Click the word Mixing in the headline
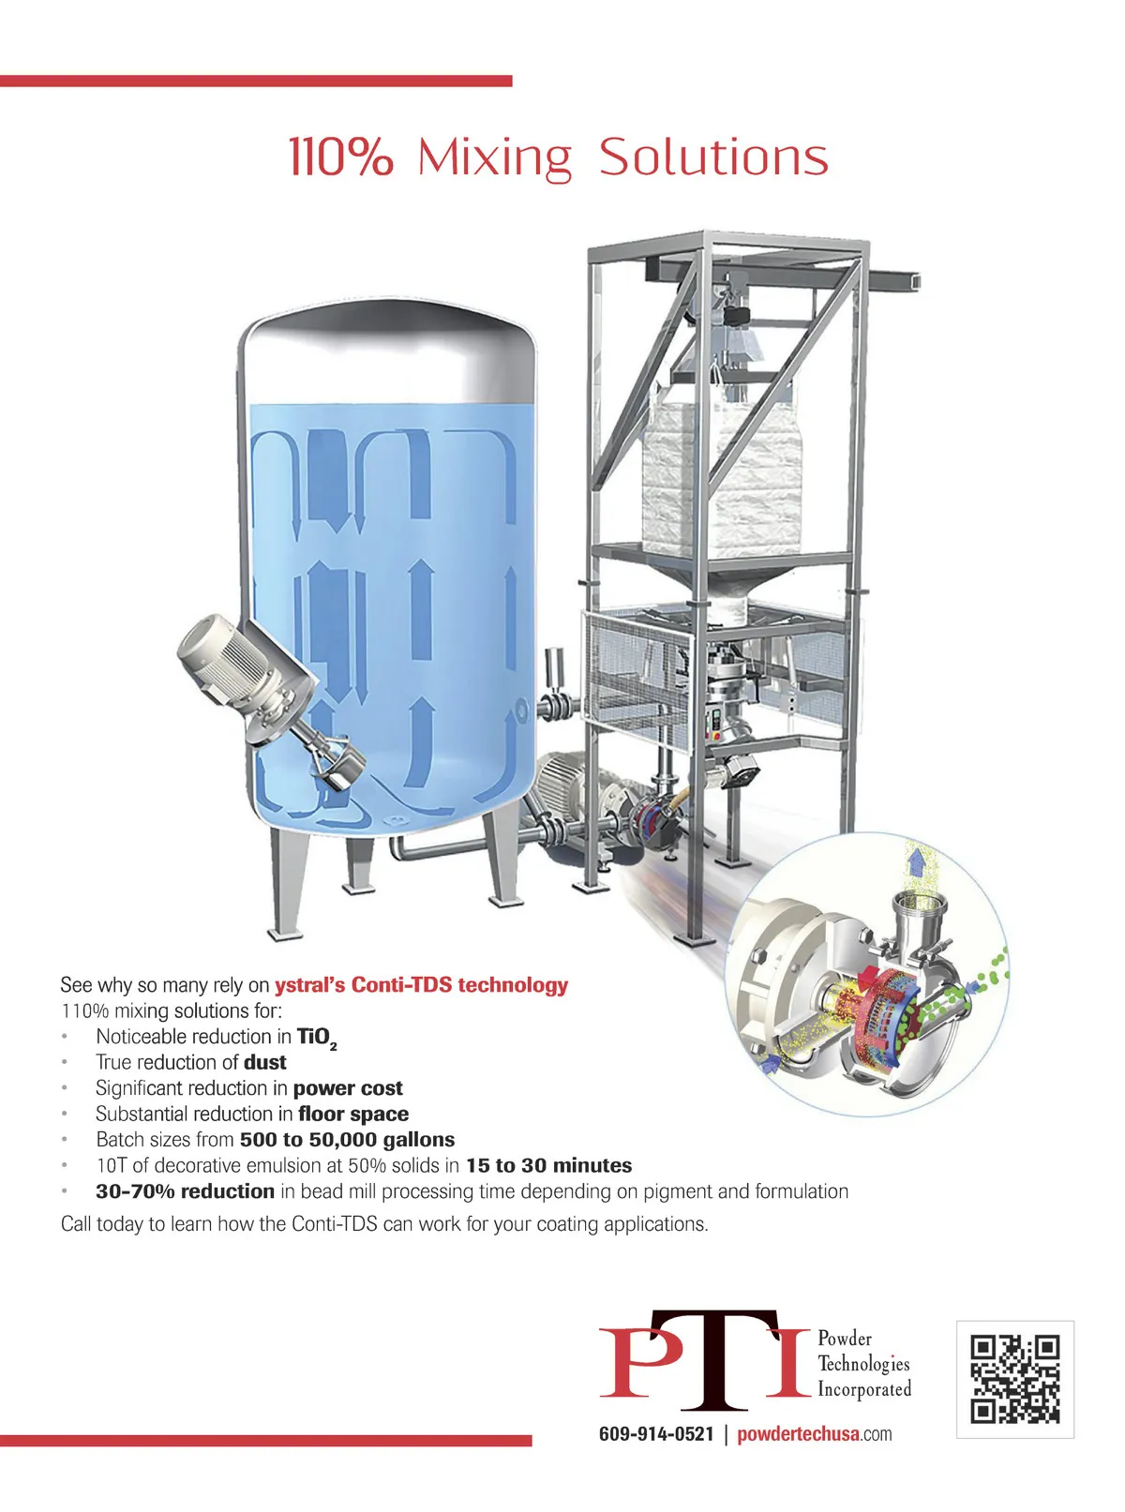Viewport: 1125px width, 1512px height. click(x=494, y=159)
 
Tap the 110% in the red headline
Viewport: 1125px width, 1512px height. click(x=341, y=157)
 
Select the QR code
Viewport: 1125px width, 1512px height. click(x=1014, y=1380)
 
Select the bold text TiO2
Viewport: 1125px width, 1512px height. click(x=317, y=1039)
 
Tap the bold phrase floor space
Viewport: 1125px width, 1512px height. click(x=353, y=1114)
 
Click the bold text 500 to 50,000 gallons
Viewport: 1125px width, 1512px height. click(x=347, y=1140)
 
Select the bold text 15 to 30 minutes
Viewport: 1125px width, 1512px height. click(x=548, y=1166)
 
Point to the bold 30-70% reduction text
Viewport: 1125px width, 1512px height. click(x=186, y=1191)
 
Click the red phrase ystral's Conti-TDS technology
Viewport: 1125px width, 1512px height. click(x=421, y=985)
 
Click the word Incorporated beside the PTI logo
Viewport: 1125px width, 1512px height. click(x=864, y=1389)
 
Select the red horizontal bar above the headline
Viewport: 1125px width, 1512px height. click(x=256, y=82)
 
